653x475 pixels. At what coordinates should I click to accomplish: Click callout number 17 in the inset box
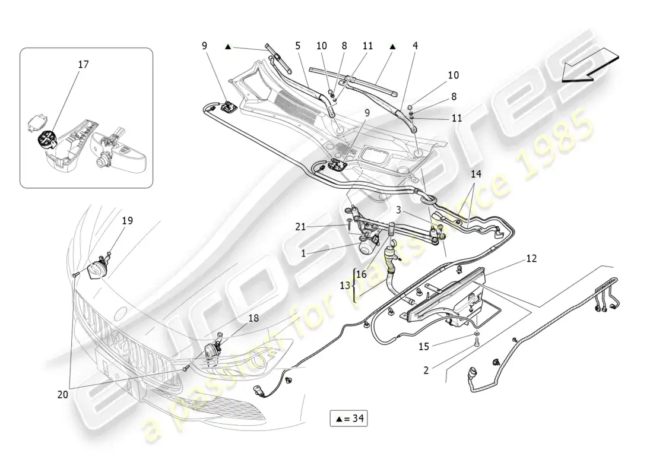click(83, 64)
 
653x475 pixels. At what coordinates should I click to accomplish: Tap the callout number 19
click(128, 221)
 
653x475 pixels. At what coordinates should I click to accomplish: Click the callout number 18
click(253, 318)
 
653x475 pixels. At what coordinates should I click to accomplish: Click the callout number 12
click(531, 259)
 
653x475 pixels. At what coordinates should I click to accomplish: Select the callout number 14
click(476, 175)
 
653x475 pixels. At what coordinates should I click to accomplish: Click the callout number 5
click(297, 45)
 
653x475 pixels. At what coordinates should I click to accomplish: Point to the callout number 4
click(415, 45)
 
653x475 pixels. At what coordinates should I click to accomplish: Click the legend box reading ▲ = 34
click(348, 419)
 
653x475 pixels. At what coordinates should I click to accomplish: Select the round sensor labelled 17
click(46, 140)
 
